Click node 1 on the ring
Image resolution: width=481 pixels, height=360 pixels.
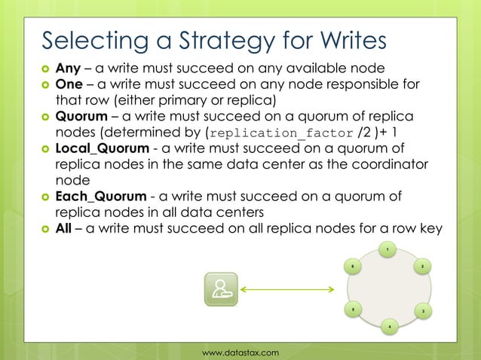(387, 249)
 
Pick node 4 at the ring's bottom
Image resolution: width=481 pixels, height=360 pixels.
(388, 327)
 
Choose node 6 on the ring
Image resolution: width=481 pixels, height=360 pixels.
(352, 266)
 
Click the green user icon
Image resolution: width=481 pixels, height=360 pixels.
(221, 289)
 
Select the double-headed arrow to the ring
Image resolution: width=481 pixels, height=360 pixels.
(289, 289)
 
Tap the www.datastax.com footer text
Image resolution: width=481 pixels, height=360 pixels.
(240, 352)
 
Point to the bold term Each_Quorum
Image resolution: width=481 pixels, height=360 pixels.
(101, 197)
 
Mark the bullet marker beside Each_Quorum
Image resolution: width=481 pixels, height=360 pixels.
(44, 198)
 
